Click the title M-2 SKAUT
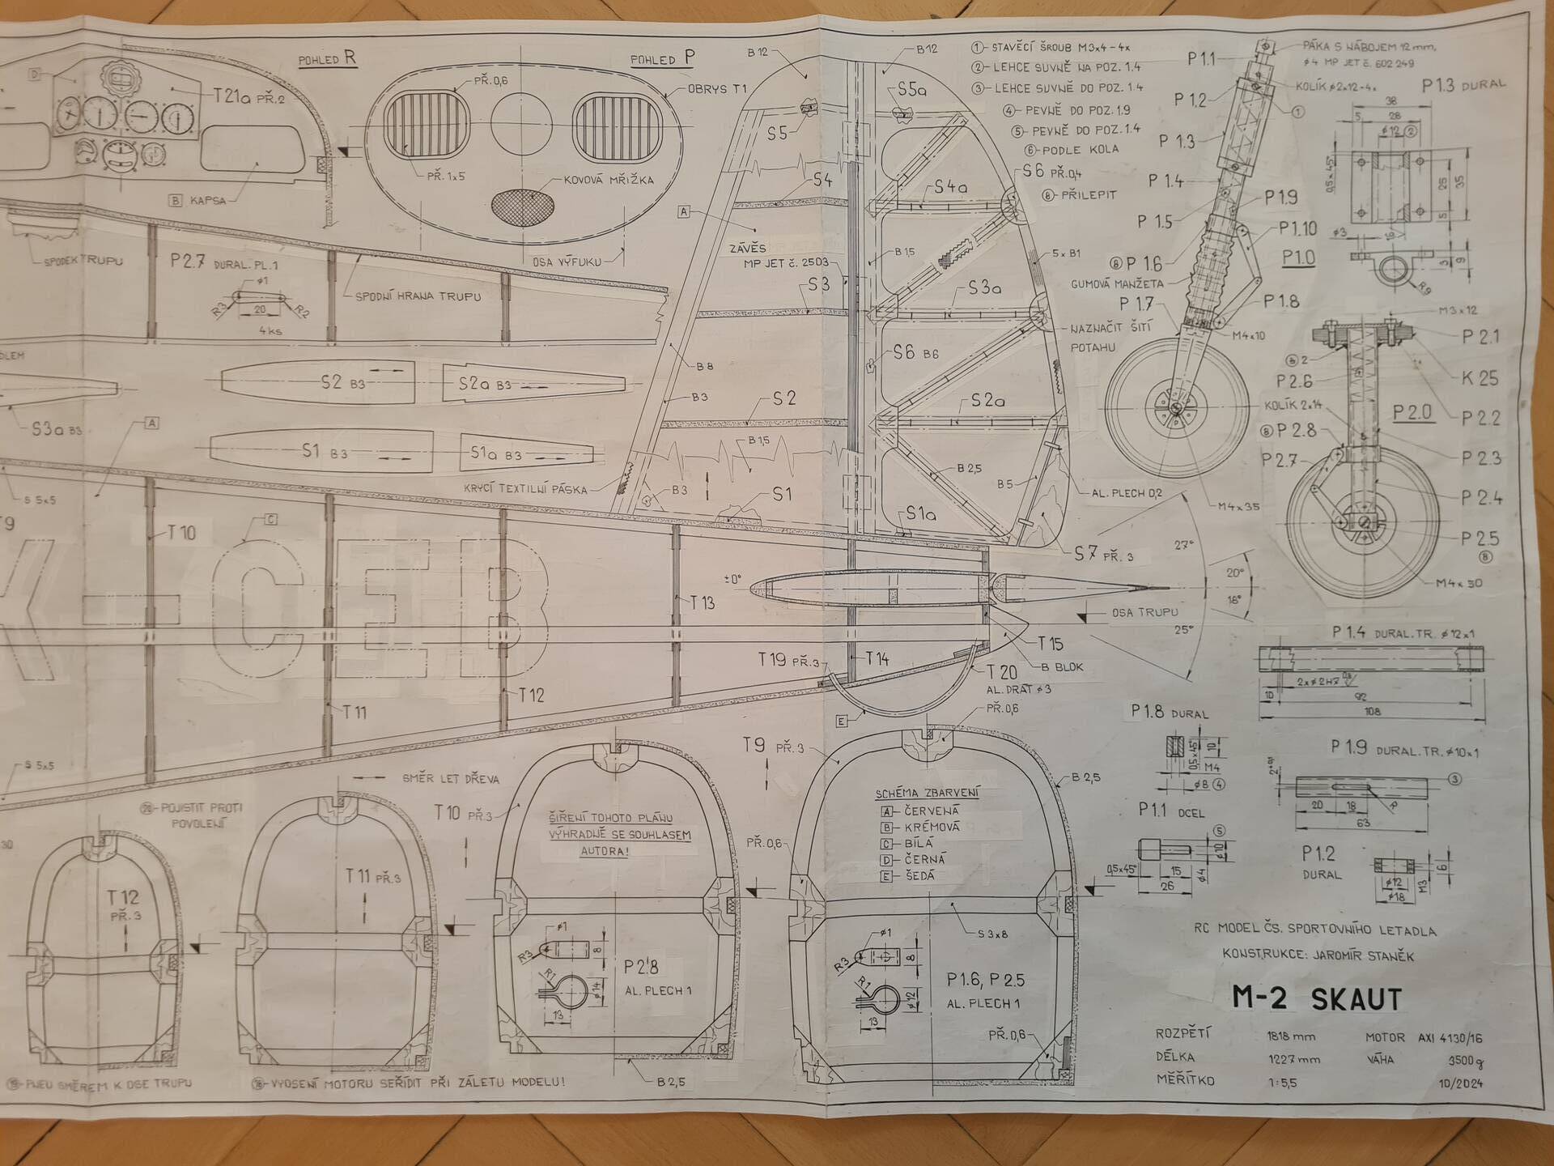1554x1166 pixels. (1316, 998)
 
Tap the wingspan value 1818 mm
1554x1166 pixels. (1292, 1036)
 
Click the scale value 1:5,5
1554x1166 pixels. (1281, 1082)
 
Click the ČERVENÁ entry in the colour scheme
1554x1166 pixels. (931, 811)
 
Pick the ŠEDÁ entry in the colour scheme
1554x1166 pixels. (919, 875)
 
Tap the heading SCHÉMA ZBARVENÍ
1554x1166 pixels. (927, 793)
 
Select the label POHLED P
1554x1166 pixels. (662, 58)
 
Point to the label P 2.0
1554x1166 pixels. (1412, 412)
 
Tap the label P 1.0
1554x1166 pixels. (1298, 258)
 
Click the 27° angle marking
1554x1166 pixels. (1183, 546)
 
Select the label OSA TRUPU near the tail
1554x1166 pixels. (1144, 613)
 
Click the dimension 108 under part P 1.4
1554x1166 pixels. (1372, 712)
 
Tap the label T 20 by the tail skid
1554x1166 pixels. (1002, 672)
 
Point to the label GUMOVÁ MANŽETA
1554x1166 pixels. (1117, 284)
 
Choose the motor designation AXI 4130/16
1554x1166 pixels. (1450, 1037)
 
